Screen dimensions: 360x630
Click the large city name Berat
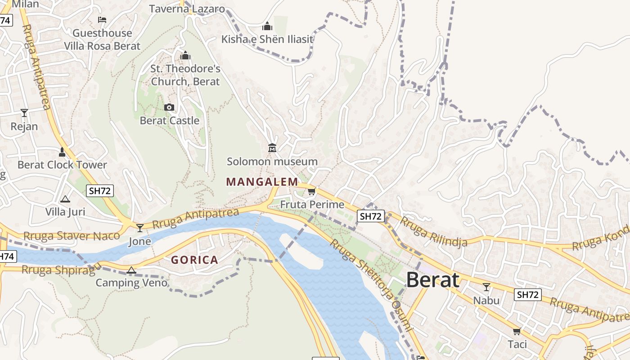pyautogui.click(x=432, y=280)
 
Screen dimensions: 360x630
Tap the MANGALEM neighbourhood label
pyautogui.click(x=262, y=182)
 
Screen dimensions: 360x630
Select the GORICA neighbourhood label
pyautogui.click(x=194, y=260)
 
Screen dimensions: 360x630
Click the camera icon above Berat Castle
pyautogui.click(x=169, y=107)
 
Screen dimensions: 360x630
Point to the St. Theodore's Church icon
pyautogui.click(x=185, y=56)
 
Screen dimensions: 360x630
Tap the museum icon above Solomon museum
pyautogui.click(x=272, y=148)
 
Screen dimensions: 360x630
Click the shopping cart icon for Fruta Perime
pyautogui.click(x=311, y=192)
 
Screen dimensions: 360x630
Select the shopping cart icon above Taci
pyautogui.click(x=517, y=331)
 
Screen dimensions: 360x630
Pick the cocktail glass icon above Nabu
pyautogui.click(x=486, y=287)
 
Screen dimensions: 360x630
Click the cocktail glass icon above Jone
pyautogui.click(x=140, y=228)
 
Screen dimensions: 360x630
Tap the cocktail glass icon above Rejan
pyautogui.click(x=24, y=112)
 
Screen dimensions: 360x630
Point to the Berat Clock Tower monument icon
pyautogui.click(x=62, y=152)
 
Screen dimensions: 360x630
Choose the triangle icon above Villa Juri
pyautogui.click(x=65, y=199)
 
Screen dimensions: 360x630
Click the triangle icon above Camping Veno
pyautogui.click(x=131, y=270)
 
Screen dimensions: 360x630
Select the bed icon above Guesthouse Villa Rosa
pyautogui.click(x=102, y=20)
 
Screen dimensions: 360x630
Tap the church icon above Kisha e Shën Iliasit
pyautogui.click(x=267, y=26)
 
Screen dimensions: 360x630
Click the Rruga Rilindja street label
pyautogui.click(x=433, y=231)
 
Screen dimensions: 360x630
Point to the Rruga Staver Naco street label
pyautogui.click(x=72, y=236)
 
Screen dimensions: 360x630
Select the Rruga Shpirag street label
pyautogui.click(x=58, y=270)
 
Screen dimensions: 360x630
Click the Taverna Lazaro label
pyautogui.click(x=187, y=9)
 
